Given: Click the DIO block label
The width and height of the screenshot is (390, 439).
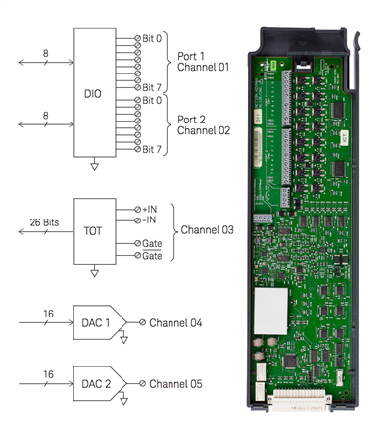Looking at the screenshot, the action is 93,94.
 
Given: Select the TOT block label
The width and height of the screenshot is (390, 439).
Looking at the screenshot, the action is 93,231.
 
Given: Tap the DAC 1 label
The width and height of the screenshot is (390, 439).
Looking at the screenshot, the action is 96,323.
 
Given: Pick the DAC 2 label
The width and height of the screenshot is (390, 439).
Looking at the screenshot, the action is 96,384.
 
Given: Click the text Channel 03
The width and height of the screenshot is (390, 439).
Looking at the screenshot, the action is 208,230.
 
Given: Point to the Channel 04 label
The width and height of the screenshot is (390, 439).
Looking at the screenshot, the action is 175,323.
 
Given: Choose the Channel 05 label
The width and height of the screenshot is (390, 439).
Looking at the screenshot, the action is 175,384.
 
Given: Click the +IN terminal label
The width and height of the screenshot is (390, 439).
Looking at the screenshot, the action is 150,209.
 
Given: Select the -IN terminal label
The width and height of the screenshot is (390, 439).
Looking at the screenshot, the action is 149,219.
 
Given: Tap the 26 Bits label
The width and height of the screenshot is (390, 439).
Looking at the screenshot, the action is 44,222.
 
